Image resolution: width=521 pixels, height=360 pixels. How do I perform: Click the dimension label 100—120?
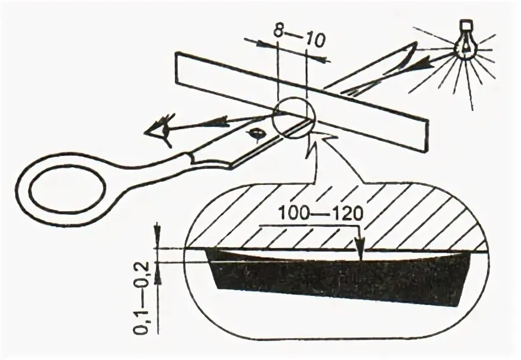click(x=320, y=212)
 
